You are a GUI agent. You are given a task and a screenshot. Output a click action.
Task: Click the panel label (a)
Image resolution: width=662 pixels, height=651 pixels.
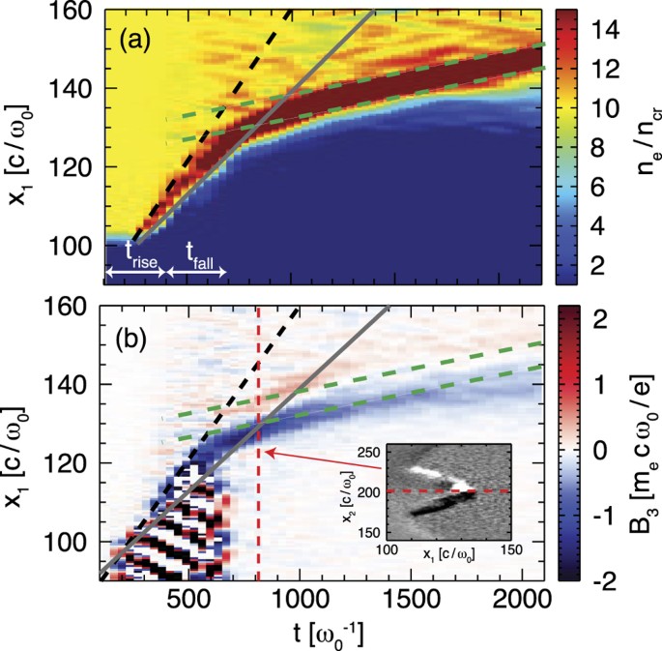pos(139,43)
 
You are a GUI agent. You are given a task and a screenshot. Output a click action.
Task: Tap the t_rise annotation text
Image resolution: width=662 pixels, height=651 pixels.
pos(138,250)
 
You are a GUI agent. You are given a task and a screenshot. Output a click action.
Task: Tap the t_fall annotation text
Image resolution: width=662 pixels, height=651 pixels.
pos(198,250)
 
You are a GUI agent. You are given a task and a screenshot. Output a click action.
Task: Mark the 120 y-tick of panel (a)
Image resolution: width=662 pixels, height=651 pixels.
pos(73,166)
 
